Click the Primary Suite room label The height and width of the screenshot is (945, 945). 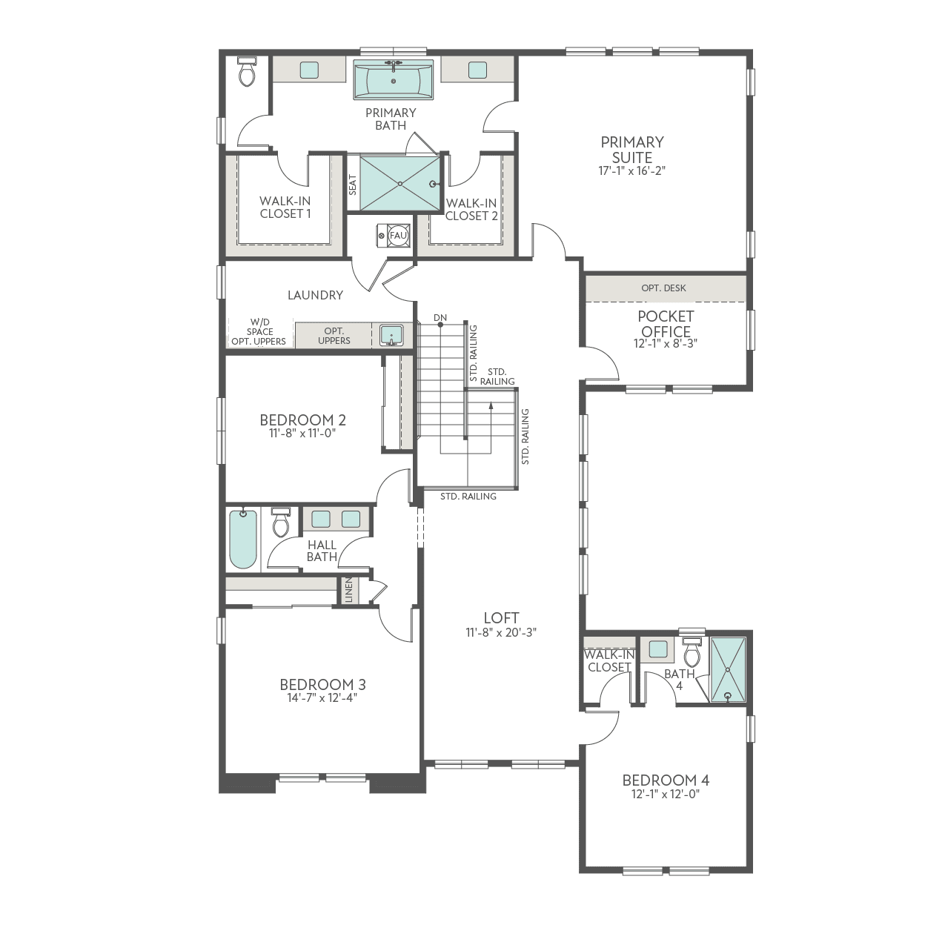click(631, 149)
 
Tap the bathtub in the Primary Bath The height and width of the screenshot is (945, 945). click(393, 79)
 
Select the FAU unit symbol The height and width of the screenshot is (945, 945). click(398, 235)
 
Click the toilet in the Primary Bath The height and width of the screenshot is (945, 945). click(247, 72)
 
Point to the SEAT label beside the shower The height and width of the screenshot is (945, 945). click(353, 184)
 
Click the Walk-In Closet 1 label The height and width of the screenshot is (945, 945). click(285, 208)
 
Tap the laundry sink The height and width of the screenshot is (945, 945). click(391, 336)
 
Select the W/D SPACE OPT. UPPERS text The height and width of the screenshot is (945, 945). click(259, 332)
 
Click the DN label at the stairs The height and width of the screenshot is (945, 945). click(440, 318)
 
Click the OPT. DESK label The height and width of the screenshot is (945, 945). click(663, 288)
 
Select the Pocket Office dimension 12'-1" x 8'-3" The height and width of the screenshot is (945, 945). click(666, 344)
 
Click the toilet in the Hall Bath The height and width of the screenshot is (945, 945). click(281, 523)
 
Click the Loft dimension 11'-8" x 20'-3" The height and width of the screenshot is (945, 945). click(501, 632)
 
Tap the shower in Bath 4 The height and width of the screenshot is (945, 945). click(727, 669)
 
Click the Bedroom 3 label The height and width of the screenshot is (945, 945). click(322, 684)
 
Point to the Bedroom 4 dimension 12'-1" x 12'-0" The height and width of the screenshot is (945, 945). click(665, 794)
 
